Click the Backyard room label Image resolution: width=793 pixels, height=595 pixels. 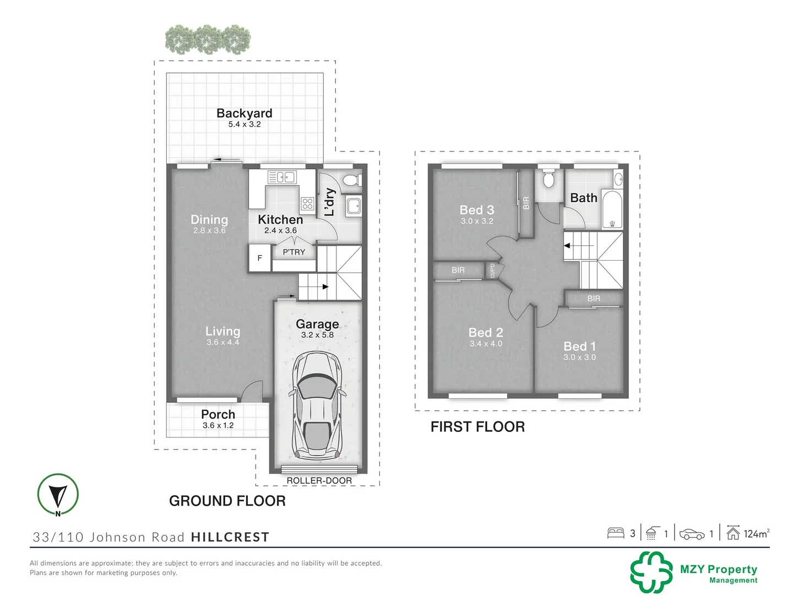point(244,113)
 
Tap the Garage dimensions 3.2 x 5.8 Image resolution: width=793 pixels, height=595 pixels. point(317,335)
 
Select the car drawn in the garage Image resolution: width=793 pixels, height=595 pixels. point(317,405)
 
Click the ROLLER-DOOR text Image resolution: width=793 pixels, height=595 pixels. point(319,480)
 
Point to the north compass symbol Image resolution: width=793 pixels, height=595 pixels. point(58,494)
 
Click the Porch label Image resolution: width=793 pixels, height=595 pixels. point(218,414)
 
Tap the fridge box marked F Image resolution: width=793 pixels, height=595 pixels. point(260,258)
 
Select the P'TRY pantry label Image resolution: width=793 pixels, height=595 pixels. point(294,252)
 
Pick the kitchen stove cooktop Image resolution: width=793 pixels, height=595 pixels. point(307,204)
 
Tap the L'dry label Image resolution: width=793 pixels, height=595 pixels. point(329,202)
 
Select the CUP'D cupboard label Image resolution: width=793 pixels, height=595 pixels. point(492,271)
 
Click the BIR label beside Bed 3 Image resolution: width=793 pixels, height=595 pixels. point(526,203)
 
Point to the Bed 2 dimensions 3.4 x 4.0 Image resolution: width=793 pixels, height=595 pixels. point(486,344)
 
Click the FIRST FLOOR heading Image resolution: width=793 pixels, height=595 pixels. point(477,426)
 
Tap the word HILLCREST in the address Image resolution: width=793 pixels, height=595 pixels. point(230,537)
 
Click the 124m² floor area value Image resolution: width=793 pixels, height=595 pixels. point(756,534)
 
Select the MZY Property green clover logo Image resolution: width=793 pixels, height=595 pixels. point(651,572)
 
